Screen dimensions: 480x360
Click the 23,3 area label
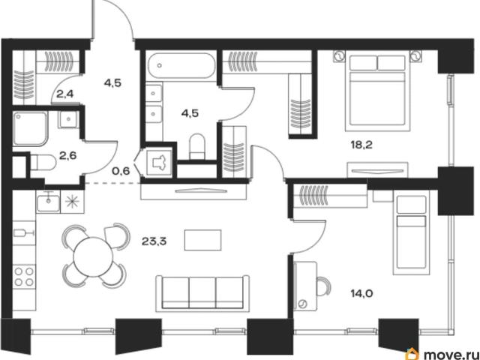(154, 241)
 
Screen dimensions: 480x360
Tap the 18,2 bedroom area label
(361, 145)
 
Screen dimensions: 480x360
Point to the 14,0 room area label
(361, 294)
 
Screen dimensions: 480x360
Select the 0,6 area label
(121, 171)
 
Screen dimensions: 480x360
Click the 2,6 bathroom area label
(67, 156)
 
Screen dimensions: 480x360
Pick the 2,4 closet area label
(65, 94)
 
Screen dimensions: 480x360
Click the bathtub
(181, 66)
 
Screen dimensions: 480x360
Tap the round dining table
(93, 256)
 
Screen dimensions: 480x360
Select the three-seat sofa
(202, 293)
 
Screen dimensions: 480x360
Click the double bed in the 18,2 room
(377, 91)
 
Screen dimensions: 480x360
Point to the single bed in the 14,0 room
(411, 232)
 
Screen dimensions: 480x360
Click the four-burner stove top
(24, 277)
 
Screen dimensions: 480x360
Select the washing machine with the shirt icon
(159, 161)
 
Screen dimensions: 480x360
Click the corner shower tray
(30, 128)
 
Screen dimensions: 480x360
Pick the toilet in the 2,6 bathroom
(43, 162)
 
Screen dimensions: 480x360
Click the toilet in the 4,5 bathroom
(196, 146)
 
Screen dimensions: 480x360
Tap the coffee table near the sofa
(203, 240)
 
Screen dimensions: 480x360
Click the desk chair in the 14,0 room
(324, 286)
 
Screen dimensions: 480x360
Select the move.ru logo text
(451, 355)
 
